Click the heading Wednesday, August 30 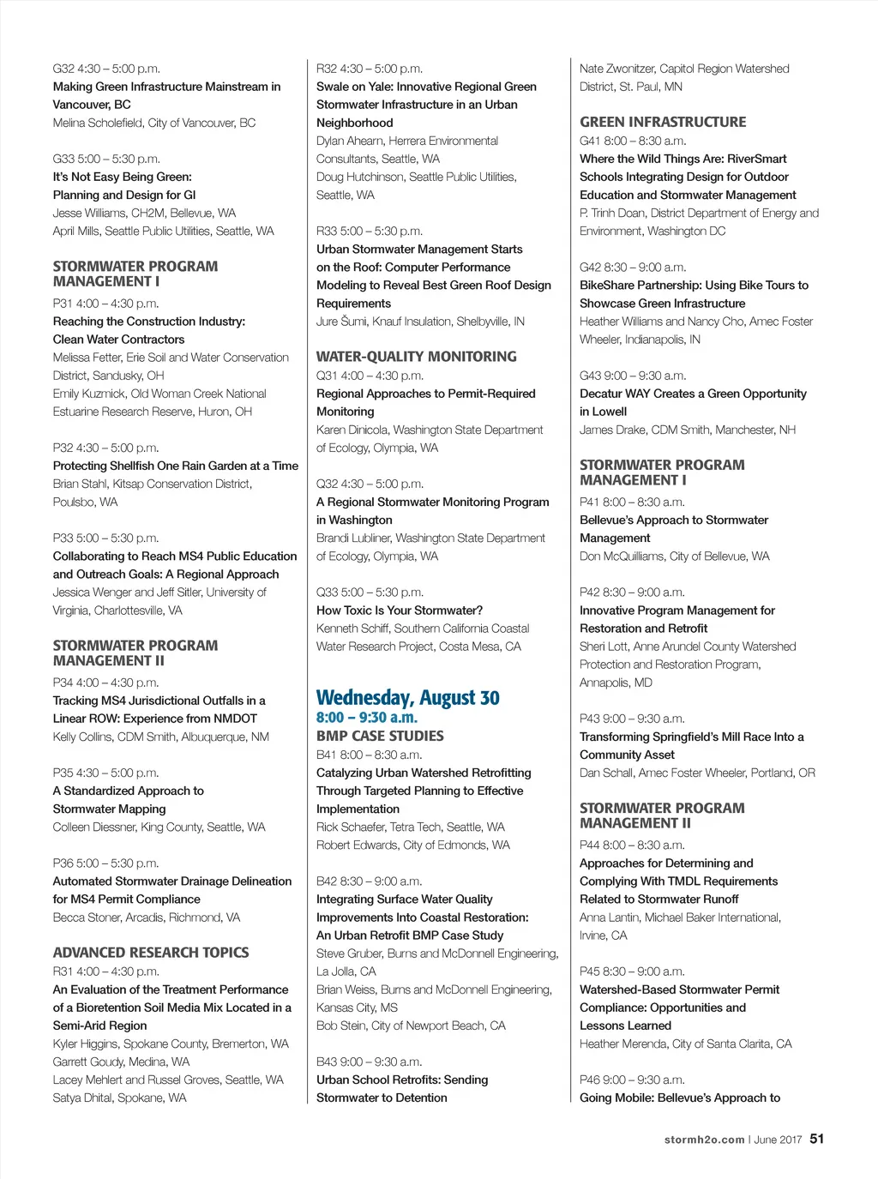[x=407, y=698]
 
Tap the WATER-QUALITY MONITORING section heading [x=416, y=357]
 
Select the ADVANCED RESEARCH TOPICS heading [x=151, y=953]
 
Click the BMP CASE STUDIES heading [x=380, y=736]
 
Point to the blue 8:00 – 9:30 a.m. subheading [x=367, y=718]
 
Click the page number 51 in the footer [x=816, y=1139]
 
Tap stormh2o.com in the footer [x=704, y=1140]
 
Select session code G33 [x=63, y=159]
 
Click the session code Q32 [x=327, y=484]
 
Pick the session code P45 [x=590, y=971]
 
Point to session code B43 [x=327, y=1062]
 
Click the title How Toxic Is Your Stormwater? [x=400, y=611]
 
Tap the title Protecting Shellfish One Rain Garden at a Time [x=176, y=466]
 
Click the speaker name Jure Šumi [x=340, y=322]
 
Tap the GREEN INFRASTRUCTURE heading [x=663, y=122]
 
